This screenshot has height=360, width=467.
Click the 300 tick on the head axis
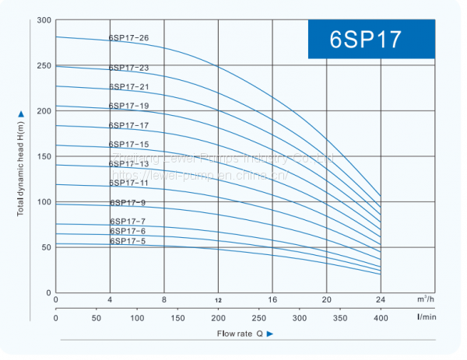pos(44,20)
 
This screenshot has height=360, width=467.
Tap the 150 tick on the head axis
pos(44,156)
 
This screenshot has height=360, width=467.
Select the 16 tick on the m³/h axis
pos(272,299)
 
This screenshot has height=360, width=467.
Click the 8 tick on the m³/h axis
pos(164,299)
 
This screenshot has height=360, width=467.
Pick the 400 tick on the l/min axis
pos(381,319)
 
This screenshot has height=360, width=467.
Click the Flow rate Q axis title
pos(239,334)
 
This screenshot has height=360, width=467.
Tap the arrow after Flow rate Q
pos(270,334)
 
